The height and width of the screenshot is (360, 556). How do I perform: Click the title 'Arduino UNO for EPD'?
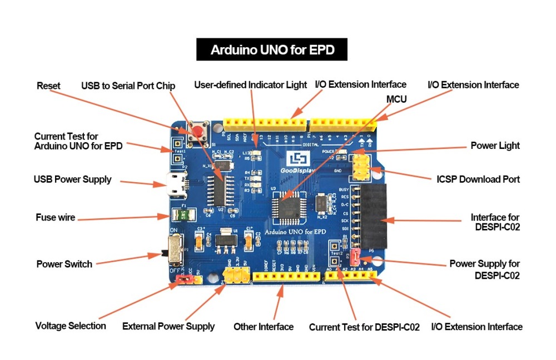point(272,50)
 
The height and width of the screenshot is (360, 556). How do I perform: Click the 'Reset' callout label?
point(48,86)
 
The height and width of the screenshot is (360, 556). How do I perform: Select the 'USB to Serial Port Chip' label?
point(128,86)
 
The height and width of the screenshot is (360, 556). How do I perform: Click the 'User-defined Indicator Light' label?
point(250,85)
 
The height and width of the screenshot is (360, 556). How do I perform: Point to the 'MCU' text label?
point(396,99)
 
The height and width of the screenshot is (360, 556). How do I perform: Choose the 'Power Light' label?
point(495,146)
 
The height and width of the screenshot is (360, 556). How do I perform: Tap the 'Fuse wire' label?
point(55,217)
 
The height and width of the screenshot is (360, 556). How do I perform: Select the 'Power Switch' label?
point(64,264)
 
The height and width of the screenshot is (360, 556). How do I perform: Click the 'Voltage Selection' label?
point(71,326)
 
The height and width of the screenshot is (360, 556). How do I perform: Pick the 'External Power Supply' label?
point(168,326)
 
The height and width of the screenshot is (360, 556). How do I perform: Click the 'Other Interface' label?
point(264,327)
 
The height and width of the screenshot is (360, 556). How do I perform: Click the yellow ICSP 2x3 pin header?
point(362,167)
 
